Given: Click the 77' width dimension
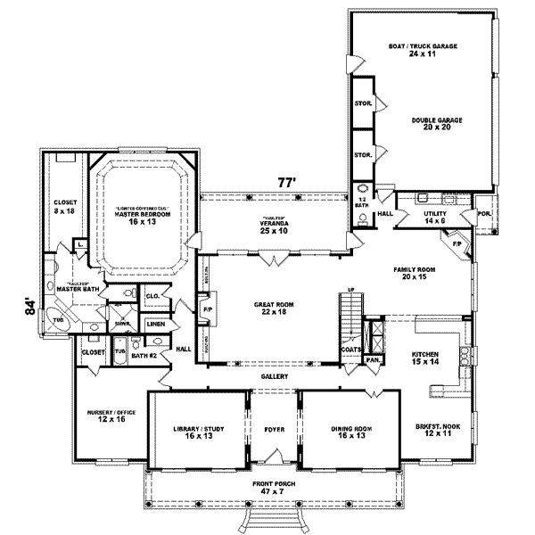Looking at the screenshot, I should click(285, 182).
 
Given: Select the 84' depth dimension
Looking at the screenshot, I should click(31, 309).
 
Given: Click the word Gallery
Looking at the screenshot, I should click(273, 377).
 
